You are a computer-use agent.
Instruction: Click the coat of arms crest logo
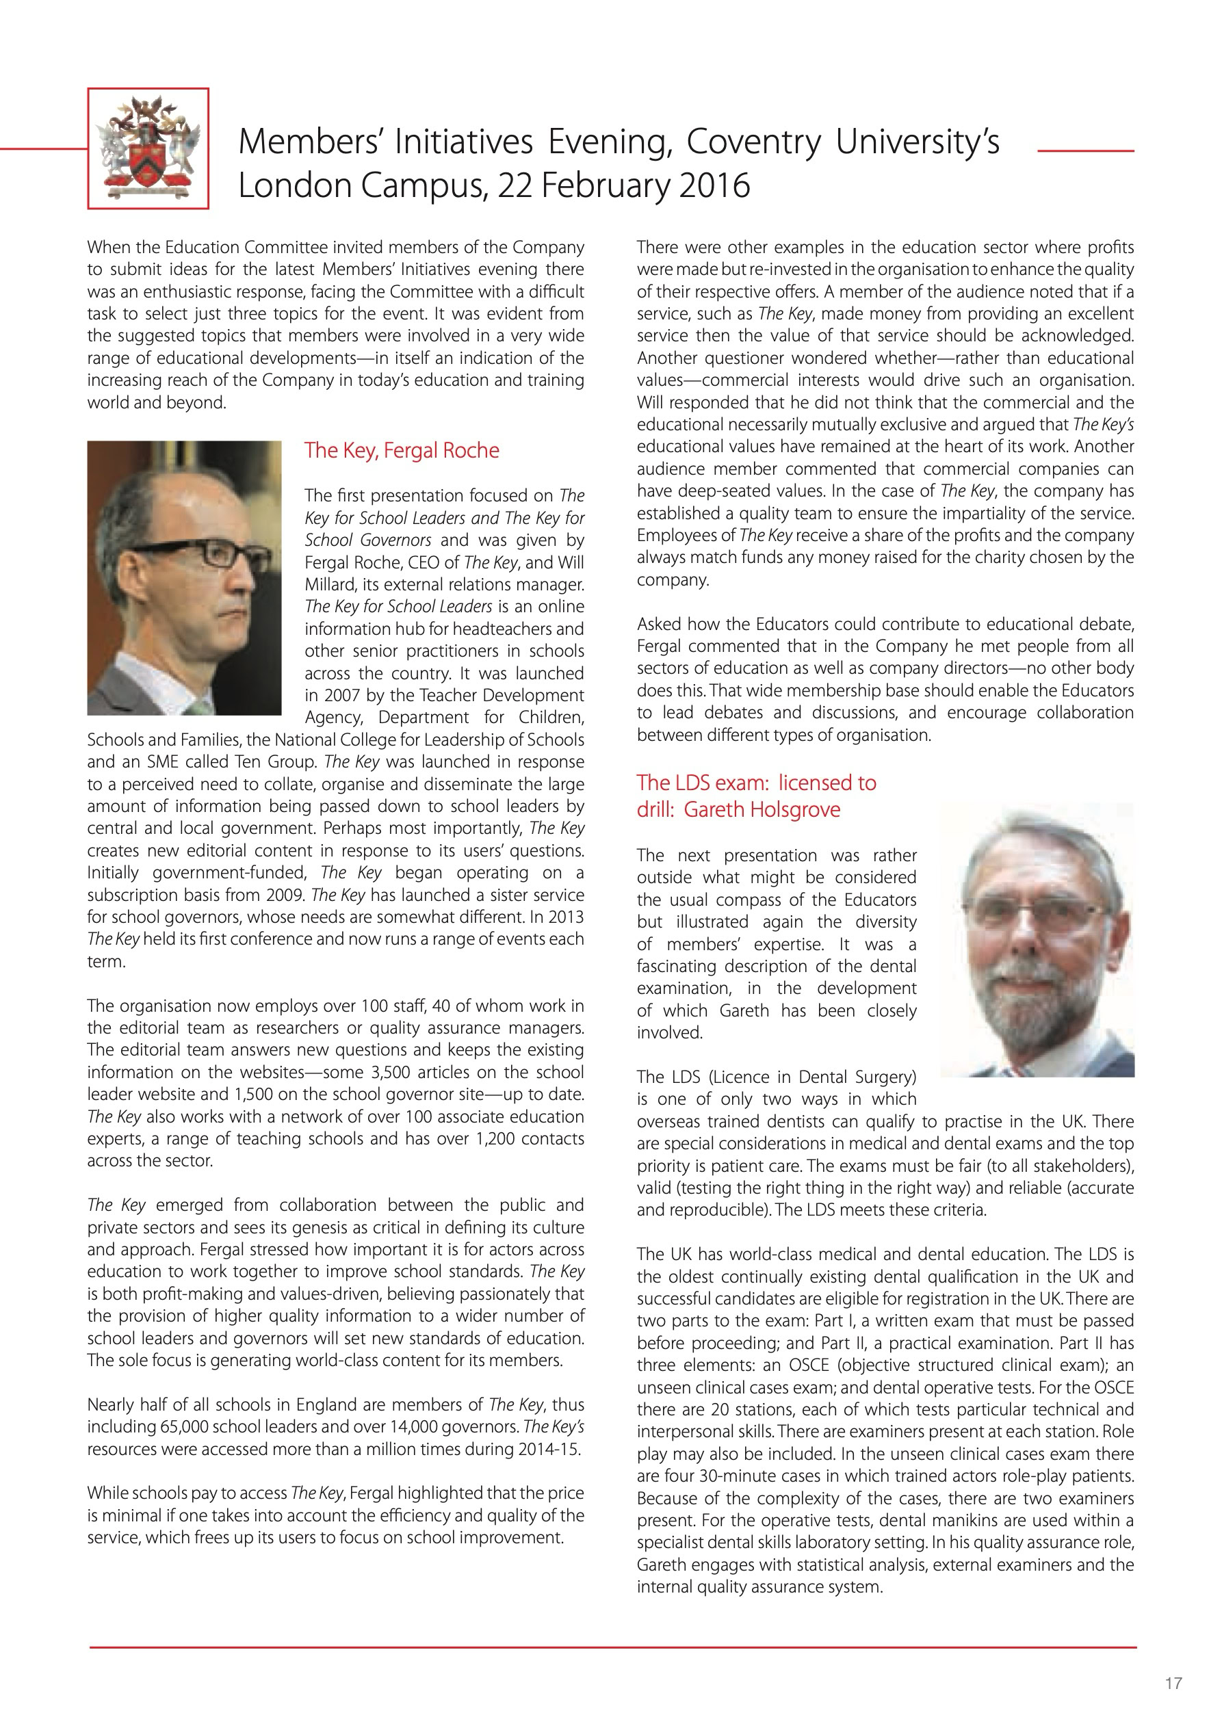click(148, 148)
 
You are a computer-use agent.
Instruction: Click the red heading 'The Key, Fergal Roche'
click(402, 450)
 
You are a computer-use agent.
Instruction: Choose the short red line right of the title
click(1086, 151)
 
